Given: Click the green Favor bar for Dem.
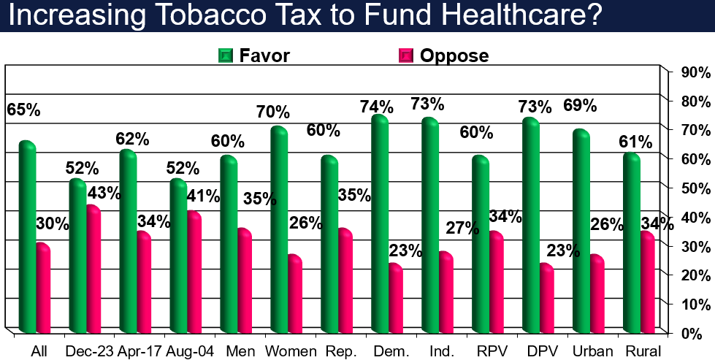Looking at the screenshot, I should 379,223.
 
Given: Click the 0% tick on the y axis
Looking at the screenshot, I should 695,333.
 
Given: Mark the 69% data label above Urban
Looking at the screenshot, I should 580,105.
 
